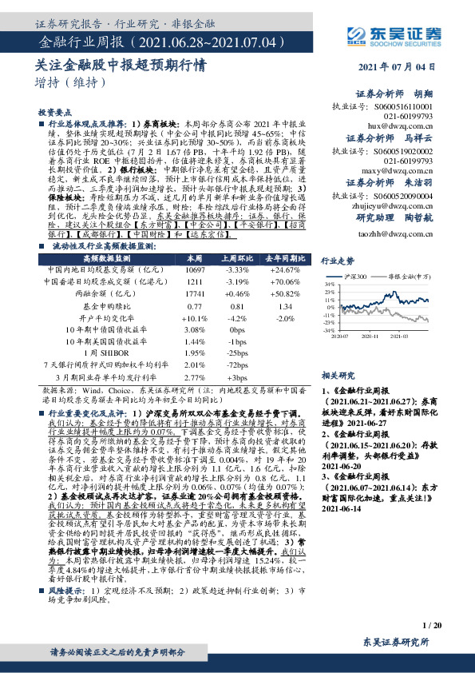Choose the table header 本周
tap(195, 260)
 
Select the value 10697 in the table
tap(195, 271)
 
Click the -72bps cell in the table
tap(236, 364)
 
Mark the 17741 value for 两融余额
tap(195, 294)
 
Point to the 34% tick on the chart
tap(328, 284)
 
